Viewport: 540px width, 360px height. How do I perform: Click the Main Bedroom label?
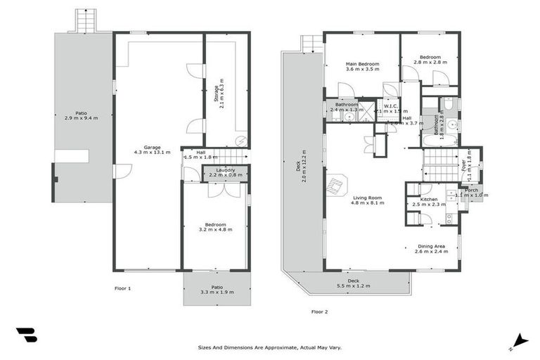(x=362, y=64)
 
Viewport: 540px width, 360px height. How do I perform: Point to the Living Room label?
(x=366, y=198)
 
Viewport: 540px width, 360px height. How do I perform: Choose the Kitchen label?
(x=429, y=199)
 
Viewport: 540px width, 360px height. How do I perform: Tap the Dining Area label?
(x=432, y=246)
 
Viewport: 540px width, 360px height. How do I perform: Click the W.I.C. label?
(x=391, y=105)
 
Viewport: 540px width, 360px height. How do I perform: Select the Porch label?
(x=471, y=190)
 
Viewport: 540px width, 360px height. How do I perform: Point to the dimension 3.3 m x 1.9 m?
(x=215, y=292)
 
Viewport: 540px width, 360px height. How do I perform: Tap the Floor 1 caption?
(x=122, y=288)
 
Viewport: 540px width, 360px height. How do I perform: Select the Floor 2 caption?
(x=319, y=311)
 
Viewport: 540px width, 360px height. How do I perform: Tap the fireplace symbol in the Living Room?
(x=337, y=185)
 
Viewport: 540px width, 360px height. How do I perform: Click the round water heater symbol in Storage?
(x=240, y=139)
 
